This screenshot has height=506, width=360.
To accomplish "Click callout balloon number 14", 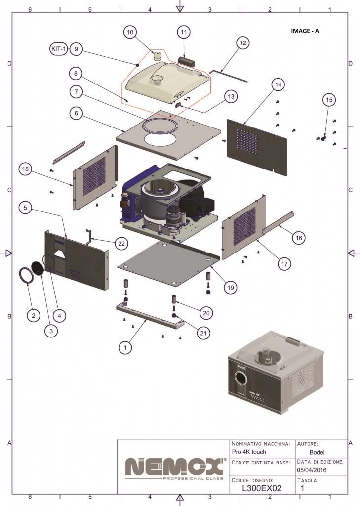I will click(x=279, y=85).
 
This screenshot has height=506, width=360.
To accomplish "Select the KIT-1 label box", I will click(x=59, y=49).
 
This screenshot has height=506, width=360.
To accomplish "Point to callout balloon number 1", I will click(x=126, y=348).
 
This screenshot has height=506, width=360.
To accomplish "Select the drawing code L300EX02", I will click(x=262, y=488).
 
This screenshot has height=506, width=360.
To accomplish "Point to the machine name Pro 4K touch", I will click(x=249, y=452).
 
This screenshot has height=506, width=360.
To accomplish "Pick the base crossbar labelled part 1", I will click(x=148, y=316).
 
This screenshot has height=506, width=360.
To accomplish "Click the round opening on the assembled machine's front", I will click(x=241, y=379).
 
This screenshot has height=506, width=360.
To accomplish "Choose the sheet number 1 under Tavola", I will click(x=302, y=488).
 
